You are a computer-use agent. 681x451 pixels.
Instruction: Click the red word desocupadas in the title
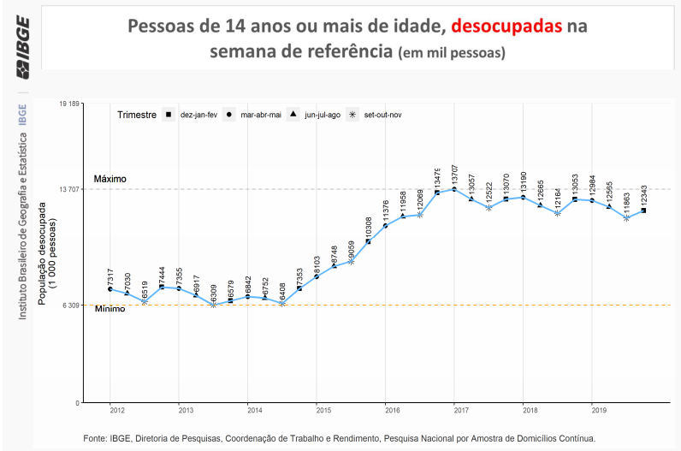coord(506,27)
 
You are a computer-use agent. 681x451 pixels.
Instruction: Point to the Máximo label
coord(110,179)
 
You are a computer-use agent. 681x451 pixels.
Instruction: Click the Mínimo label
coord(110,309)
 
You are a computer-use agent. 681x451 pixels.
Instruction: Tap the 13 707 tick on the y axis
coord(68,188)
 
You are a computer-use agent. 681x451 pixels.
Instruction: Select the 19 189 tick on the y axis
coord(68,104)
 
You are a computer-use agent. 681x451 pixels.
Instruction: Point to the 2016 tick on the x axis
coord(386,410)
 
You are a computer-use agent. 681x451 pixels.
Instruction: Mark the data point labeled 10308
coord(368,241)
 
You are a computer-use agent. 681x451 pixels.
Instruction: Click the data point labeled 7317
coord(110,289)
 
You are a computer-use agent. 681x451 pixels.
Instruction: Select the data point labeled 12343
coord(643,211)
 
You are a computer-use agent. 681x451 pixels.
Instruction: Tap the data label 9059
coord(352,248)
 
